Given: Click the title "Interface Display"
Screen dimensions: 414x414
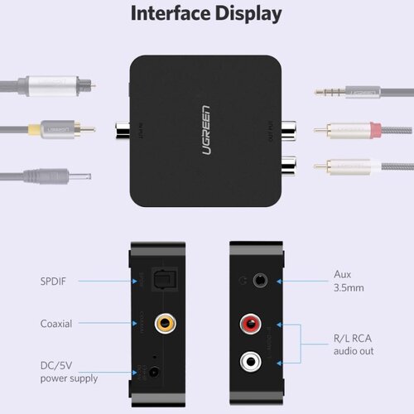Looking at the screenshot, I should click(x=207, y=14).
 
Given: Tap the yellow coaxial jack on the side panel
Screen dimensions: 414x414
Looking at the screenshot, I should click(x=166, y=324).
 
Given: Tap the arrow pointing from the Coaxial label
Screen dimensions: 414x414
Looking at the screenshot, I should click(x=107, y=324).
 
